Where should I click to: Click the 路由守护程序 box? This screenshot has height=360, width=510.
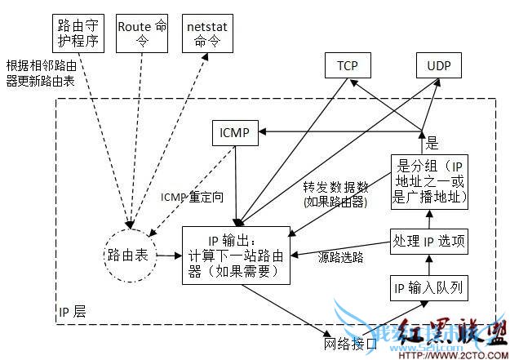click(x=74, y=33)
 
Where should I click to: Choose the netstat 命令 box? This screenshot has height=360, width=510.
click(x=206, y=33)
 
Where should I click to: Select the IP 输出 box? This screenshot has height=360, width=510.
click(x=236, y=256)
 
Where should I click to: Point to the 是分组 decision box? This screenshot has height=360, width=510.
click(x=430, y=180)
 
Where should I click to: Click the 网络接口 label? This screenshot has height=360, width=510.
click(x=351, y=342)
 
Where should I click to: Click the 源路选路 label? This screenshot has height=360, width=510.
click(x=341, y=257)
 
